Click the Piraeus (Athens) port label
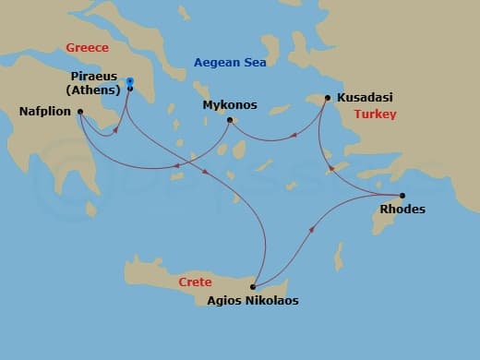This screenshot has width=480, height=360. pyautogui.click(x=93, y=83)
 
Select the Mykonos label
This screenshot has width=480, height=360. pyautogui.click(x=229, y=105)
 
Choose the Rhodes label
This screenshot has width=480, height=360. pyautogui.click(x=402, y=209)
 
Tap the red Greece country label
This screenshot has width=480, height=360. pyautogui.click(x=87, y=47)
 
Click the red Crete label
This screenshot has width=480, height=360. pyautogui.click(x=195, y=282)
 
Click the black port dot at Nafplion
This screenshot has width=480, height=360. pyautogui.click(x=80, y=113)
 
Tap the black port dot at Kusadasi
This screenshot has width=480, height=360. pyautogui.click(x=327, y=96)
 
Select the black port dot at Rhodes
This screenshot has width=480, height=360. pyautogui.click(x=402, y=195)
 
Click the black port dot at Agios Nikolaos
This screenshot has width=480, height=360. pyautogui.click(x=252, y=286)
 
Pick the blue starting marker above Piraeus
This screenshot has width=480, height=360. pyautogui.click(x=129, y=80)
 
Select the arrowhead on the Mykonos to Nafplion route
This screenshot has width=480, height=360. pyautogui.click(x=176, y=167)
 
